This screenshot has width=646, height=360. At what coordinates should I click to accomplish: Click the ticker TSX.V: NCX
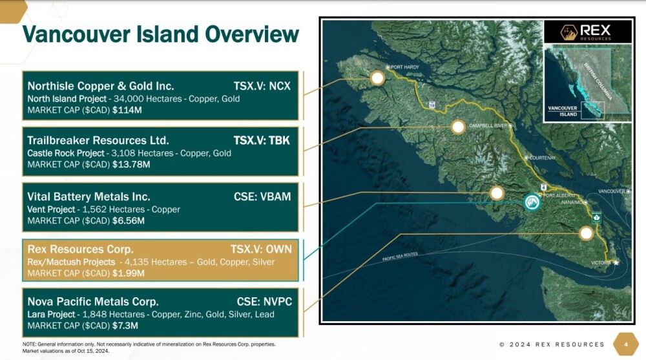[262, 86]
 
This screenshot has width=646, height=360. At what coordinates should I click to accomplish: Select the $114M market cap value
[127, 110]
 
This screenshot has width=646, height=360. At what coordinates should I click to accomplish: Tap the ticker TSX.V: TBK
[262, 140]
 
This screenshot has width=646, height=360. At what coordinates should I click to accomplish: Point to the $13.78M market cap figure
[131, 165]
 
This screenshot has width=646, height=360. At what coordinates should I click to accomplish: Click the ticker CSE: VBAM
[262, 196]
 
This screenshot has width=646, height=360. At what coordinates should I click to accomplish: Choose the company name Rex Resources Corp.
[80, 249]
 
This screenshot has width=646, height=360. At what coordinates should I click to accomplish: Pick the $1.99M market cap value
[128, 273]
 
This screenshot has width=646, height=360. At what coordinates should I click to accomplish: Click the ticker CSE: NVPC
[264, 301]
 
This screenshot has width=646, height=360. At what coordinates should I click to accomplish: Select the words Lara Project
[51, 314]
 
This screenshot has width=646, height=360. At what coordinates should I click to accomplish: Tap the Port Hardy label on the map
[404, 67]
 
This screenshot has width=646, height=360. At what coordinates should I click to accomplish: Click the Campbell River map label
[488, 125]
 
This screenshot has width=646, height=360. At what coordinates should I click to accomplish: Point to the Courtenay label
[542, 158]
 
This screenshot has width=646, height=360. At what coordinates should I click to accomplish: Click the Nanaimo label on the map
[572, 202]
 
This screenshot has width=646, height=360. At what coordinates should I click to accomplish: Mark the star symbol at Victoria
[616, 262]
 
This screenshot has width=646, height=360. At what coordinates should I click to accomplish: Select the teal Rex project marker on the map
[532, 202]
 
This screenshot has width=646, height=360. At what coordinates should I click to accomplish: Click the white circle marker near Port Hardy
[377, 78]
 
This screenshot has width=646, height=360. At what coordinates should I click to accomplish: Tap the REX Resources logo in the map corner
[587, 32]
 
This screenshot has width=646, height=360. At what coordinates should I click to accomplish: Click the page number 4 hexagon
[626, 344]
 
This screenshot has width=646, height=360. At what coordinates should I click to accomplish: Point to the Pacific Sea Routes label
[400, 256]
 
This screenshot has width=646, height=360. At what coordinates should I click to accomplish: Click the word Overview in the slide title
[252, 34]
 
